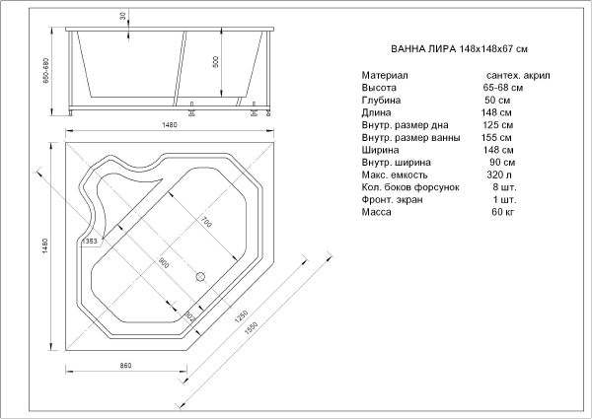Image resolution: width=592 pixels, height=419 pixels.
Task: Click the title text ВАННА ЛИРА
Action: click(x=423, y=49)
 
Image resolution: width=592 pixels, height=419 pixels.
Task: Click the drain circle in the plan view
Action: click(x=200, y=276)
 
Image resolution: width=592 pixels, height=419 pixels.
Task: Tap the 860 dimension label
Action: click(x=125, y=366)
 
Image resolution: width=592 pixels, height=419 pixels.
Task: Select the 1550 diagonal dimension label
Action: click(x=251, y=327)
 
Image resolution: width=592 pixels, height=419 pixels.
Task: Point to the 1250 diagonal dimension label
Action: click(x=241, y=316)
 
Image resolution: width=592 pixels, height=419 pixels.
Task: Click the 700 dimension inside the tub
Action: click(x=206, y=223)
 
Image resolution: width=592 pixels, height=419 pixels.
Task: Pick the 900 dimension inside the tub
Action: click(x=164, y=263)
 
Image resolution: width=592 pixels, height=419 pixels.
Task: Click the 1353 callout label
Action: click(x=90, y=242)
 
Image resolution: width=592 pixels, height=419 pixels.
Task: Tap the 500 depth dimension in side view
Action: click(x=215, y=61)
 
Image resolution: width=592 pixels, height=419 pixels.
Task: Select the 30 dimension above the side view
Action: click(x=122, y=16)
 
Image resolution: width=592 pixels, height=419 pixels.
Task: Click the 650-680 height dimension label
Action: click(x=46, y=71)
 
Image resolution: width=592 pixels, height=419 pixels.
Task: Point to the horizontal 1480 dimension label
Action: click(x=170, y=125)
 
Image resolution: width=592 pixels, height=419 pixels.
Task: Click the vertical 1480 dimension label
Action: click(x=44, y=245)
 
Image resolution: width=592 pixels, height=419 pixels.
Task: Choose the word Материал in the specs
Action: click(x=385, y=76)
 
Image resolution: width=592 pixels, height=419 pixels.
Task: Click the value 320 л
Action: click(x=499, y=175)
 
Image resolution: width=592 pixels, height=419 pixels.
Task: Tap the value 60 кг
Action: click(x=502, y=212)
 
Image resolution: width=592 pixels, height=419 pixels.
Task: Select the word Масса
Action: click(x=377, y=212)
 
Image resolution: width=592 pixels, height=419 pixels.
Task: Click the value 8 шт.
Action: click(x=504, y=187)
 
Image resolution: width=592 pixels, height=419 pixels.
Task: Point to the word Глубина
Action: click(x=381, y=101)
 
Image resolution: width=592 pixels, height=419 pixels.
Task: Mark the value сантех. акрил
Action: click(x=518, y=76)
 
